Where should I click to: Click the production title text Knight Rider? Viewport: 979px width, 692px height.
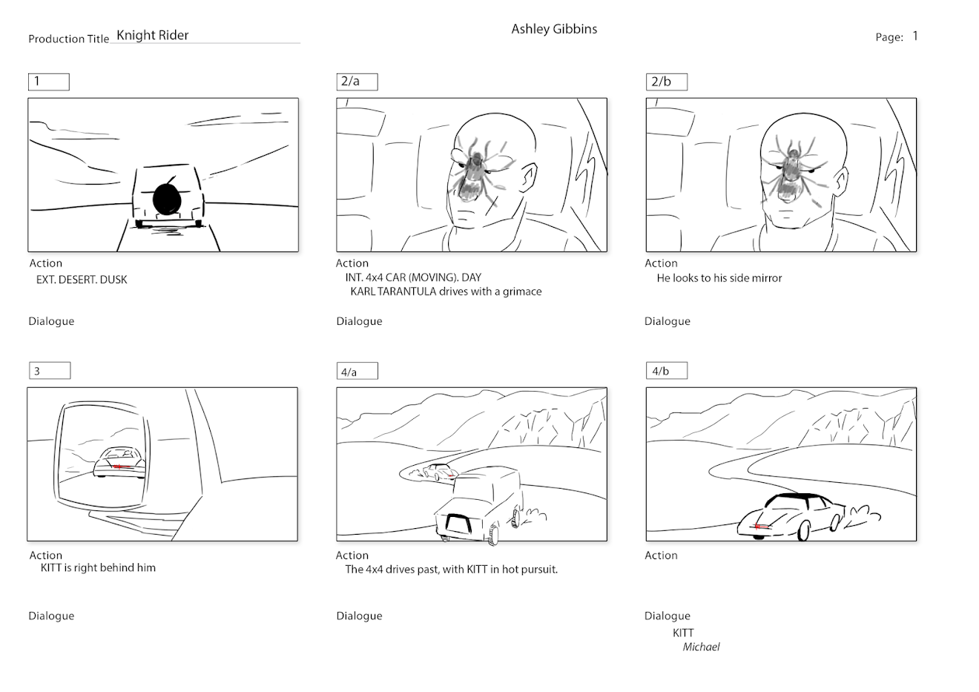pos(153,35)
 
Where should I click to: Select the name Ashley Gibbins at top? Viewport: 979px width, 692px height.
pos(554,29)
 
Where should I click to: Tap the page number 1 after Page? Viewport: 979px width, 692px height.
pos(915,36)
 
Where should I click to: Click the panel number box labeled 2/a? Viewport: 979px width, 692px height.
pos(357,82)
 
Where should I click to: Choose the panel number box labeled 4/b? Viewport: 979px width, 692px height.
pos(667,371)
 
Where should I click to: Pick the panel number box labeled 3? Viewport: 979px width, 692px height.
pos(50,371)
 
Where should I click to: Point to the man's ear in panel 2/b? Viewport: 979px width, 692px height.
pos(841,182)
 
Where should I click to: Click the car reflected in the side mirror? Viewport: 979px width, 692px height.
pos(119,463)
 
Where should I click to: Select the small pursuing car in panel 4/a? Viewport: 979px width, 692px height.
pos(441,472)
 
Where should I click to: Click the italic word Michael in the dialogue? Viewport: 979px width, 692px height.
pos(701,647)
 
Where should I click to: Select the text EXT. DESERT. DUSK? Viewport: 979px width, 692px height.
pos(82,280)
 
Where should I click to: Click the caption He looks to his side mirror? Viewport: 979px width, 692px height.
pos(719,278)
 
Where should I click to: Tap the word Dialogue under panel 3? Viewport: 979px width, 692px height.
pos(52,616)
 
